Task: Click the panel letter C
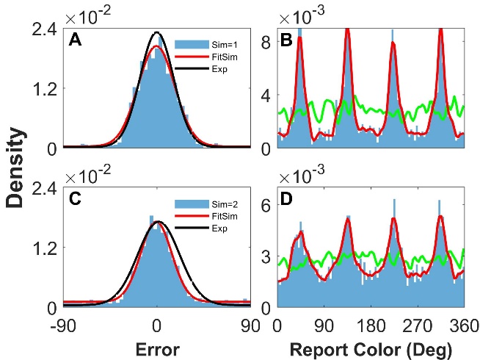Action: click(x=75, y=201)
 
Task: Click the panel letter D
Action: click(x=286, y=201)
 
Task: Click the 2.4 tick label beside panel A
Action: click(x=43, y=30)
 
